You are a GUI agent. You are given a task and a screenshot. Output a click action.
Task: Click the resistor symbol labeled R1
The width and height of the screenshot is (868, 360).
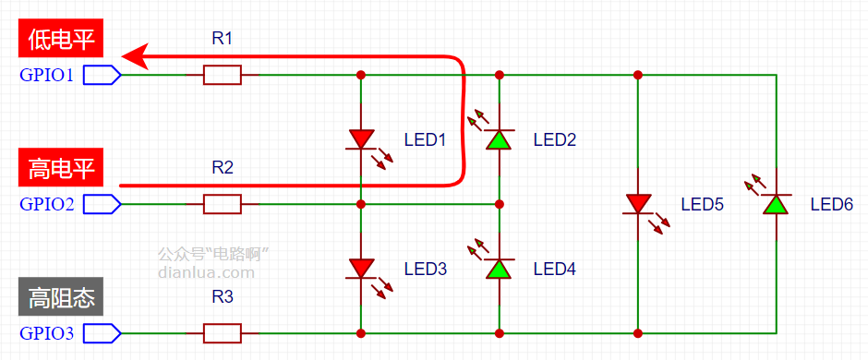pos(222,75)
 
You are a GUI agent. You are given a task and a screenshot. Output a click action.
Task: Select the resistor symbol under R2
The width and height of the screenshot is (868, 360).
pos(222,204)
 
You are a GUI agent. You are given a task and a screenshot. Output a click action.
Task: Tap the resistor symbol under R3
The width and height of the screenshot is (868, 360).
pos(222,333)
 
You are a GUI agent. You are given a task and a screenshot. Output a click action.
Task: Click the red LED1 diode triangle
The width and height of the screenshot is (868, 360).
pos(361,138)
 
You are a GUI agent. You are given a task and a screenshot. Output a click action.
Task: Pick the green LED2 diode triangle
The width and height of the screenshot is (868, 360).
pos(499,139)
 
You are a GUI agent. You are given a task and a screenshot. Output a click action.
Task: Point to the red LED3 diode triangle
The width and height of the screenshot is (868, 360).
pos(361,269)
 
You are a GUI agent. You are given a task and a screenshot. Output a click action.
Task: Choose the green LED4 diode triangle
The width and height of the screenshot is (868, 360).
pos(499,269)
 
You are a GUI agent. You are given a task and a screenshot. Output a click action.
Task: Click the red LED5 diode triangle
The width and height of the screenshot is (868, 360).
pos(638,203)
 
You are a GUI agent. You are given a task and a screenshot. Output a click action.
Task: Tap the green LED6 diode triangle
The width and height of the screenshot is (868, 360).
pos(776,204)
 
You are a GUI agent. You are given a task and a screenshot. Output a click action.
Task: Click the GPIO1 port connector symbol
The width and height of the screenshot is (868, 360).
pos(102,75)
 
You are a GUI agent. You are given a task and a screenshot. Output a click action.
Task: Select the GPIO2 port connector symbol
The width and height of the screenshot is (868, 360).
pos(102,204)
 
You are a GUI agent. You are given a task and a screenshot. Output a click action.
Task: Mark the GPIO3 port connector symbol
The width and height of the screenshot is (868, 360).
pos(102,333)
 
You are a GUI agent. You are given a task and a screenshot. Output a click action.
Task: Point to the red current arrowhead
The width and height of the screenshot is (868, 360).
pos(135,56)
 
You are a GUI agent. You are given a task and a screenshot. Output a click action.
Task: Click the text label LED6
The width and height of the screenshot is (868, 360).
pos(831,205)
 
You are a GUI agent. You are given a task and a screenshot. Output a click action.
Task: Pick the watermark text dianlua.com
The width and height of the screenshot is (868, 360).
pos(207,272)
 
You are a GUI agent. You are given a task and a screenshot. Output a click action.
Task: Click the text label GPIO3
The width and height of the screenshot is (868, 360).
pos(46,333)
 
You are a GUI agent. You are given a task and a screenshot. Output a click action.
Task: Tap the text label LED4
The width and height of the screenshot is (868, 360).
pos(555,270)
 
